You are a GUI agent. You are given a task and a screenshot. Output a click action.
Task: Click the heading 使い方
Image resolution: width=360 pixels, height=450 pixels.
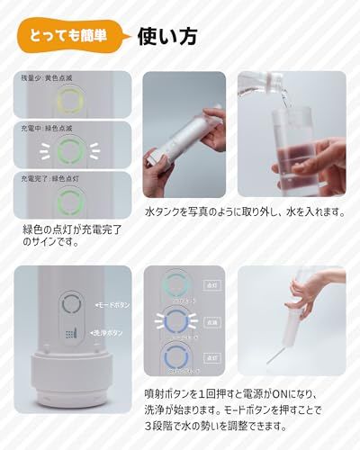167,37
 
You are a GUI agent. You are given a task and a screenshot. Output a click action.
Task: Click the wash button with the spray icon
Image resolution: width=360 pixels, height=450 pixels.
71,333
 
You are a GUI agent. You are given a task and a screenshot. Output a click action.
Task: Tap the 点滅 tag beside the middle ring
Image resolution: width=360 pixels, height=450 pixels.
213,320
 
